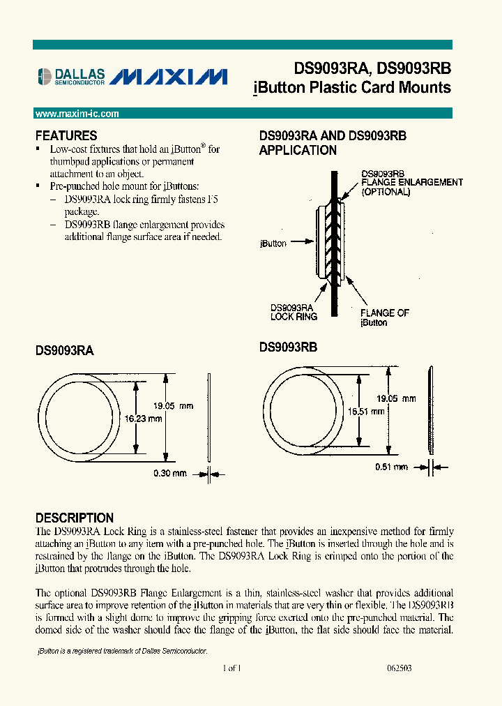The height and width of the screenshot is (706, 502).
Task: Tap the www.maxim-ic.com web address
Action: point(77,114)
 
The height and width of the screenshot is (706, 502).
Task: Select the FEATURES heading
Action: point(66,136)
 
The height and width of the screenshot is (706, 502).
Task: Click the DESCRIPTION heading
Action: point(75,518)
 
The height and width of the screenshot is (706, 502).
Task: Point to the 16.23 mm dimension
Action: point(144,419)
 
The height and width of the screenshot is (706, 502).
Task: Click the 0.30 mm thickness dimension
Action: point(170,474)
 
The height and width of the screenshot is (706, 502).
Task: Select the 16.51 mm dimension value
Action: point(366,412)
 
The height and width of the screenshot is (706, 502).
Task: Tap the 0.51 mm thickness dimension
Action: point(390,467)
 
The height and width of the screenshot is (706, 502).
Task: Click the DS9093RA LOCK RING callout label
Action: point(294,312)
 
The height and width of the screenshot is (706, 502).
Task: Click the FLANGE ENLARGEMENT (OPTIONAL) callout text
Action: point(411,186)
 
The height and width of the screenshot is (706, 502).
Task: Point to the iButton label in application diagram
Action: point(273,243)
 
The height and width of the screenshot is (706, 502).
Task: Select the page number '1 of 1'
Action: point(231,668)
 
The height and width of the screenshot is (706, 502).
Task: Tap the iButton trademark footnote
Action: point(121,650)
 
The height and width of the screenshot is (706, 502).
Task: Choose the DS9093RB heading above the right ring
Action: point(288,347)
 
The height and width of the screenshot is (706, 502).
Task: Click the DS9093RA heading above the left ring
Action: point(64,352)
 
